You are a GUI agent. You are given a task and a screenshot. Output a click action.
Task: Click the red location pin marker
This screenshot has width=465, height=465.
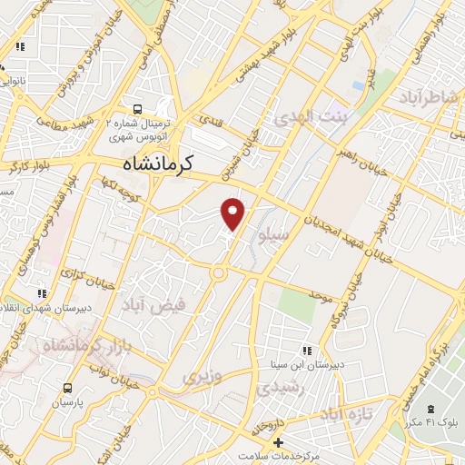pos(233,213)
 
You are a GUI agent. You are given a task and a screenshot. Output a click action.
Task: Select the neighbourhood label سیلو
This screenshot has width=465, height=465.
pos(273,237)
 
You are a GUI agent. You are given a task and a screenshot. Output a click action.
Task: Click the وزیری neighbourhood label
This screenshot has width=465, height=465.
pos(201,373)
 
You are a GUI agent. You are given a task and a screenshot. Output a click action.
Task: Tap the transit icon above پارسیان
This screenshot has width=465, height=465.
pos(67,386)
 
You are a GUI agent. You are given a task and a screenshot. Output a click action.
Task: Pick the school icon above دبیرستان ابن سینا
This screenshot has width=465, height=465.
pos(307,350)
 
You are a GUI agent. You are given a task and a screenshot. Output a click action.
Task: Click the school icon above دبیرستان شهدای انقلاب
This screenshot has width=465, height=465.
pos(40,294)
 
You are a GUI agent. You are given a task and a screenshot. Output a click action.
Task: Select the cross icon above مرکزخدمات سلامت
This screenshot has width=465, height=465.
pos(264,441)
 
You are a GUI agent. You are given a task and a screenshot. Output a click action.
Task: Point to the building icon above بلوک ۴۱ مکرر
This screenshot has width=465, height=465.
pos(430,410)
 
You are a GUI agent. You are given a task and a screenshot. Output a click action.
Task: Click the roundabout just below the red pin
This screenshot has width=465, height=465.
pos(218,272)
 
